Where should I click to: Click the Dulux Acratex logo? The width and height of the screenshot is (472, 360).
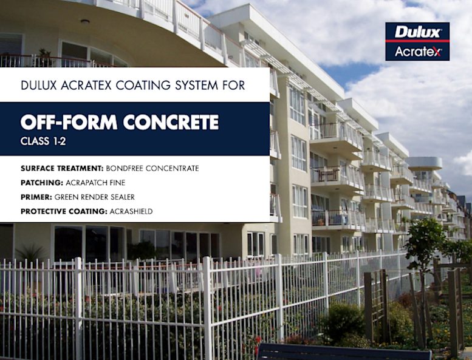click(x=417, y=41)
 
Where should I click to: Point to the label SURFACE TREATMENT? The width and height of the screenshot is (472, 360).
click(x=61, y=168)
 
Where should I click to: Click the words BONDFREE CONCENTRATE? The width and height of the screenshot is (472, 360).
click(x=152, y=168)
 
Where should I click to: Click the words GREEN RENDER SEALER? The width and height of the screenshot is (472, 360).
click(x=95, y=197)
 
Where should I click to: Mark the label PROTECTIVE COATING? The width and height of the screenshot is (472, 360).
click(x=64, y=212)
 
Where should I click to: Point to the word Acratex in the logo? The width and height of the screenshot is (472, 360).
click(x=417, y=51)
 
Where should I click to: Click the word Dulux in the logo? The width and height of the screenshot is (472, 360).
click(x=417, y=32)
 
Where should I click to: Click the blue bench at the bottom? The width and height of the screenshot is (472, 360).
click(x=340, y=352)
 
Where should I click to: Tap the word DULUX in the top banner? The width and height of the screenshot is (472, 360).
click(x=39, y=86)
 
